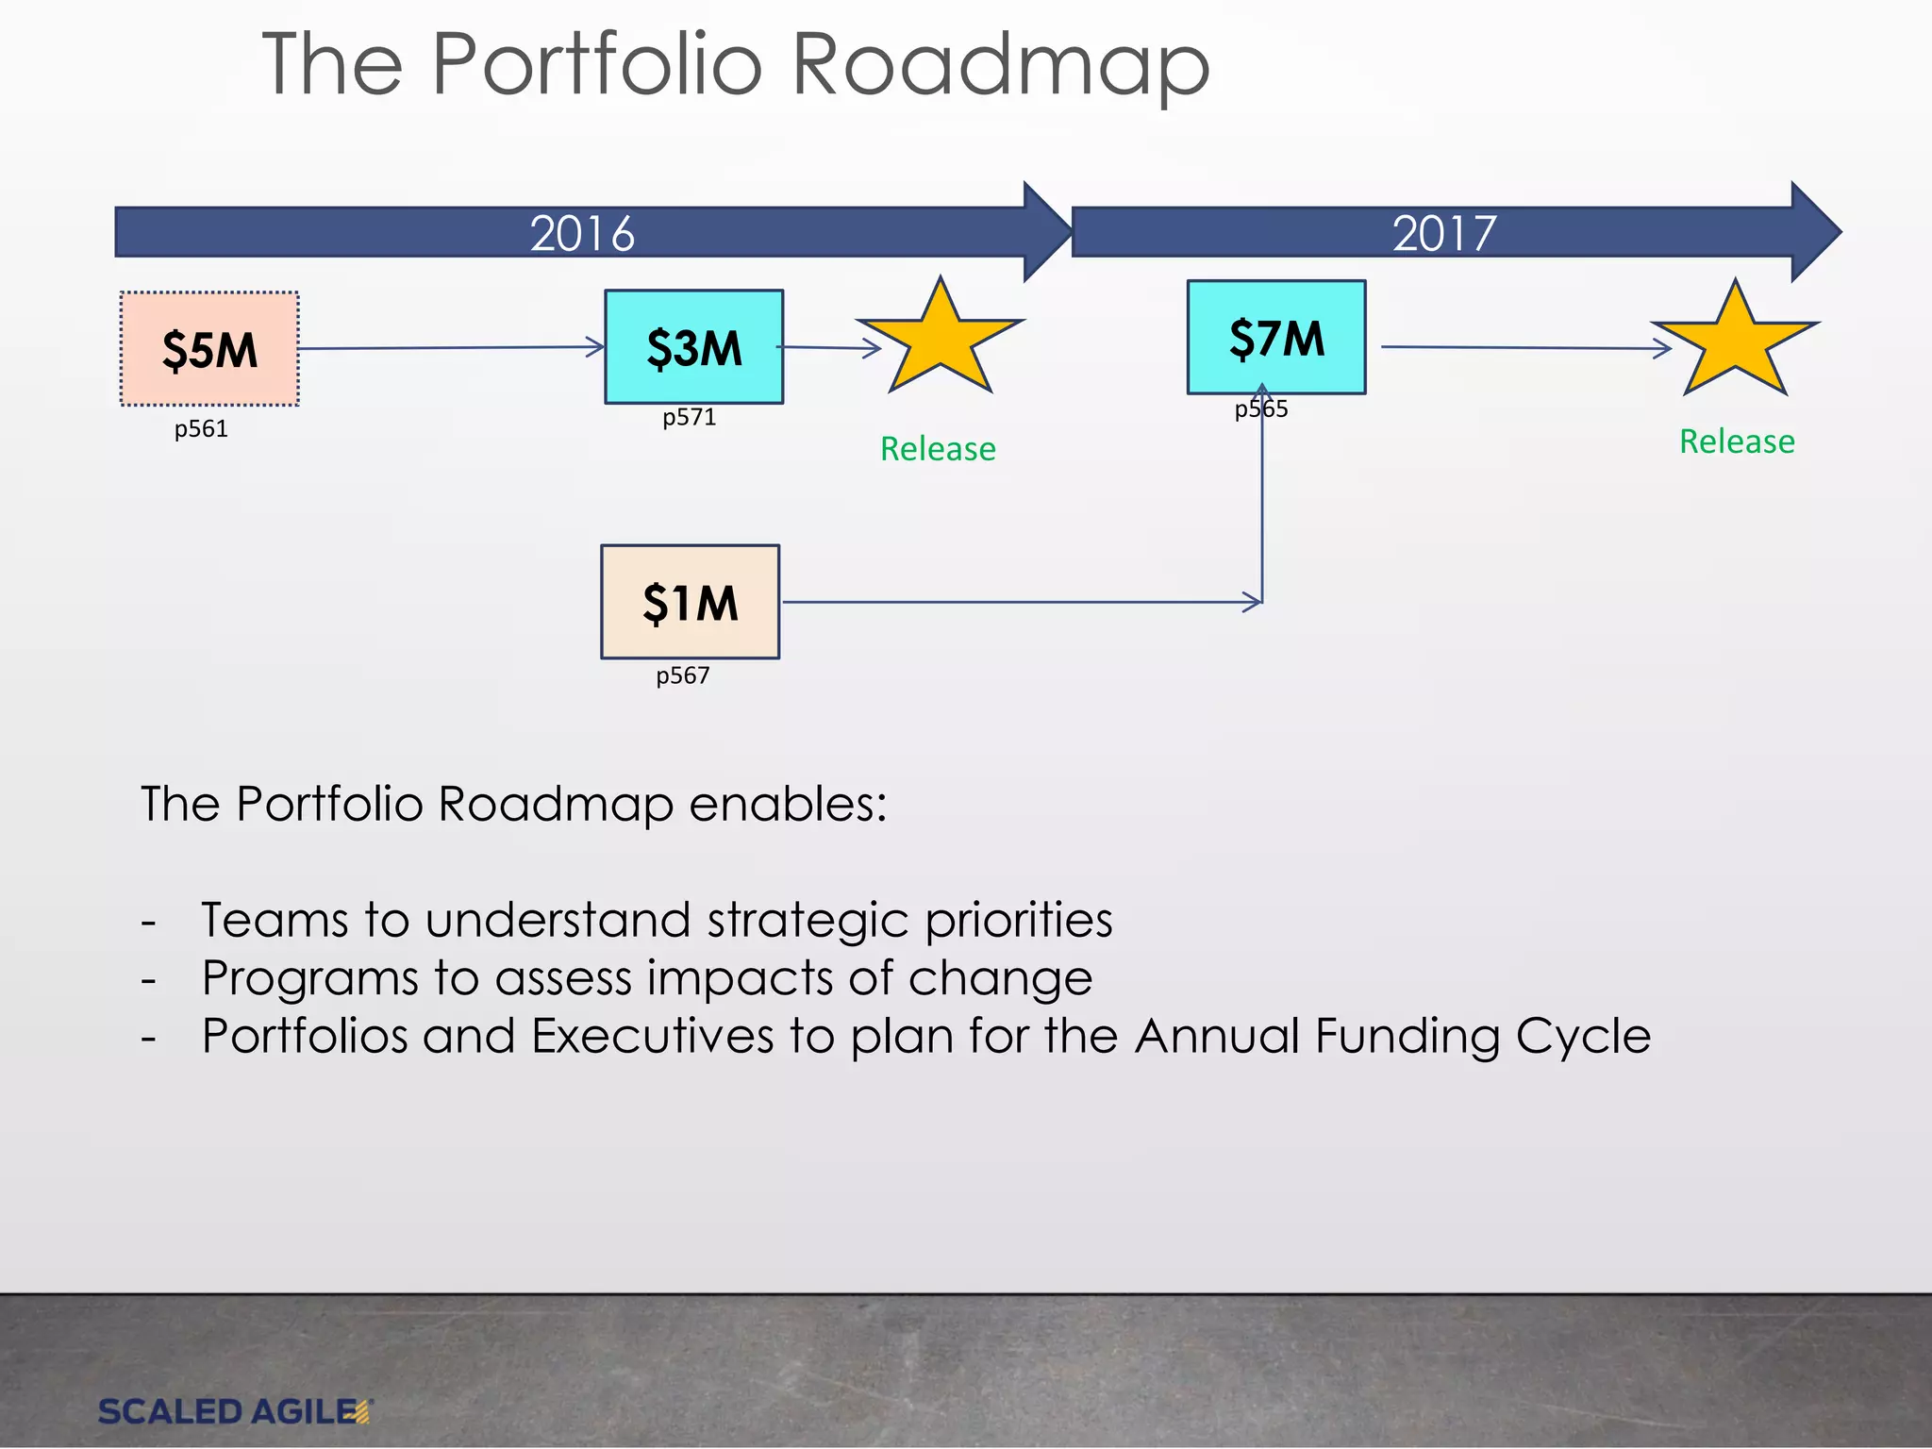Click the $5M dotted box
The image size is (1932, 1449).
pos(209,349)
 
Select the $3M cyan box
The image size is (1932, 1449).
pos(693,347)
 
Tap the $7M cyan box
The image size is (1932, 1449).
pos(1275,337)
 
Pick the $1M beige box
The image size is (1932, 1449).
pos(690,602)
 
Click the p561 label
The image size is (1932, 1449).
pos(201,429)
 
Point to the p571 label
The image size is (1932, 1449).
pos(689,417)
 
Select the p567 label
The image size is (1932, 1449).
pos(682,675)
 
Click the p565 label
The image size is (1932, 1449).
pos(1260,409)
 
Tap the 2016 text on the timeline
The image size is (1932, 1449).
pos(582,233)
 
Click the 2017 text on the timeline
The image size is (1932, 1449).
pos(1443,233)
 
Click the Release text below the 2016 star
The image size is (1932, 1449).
pos(937,449)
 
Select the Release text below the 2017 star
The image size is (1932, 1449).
pos(1736,441)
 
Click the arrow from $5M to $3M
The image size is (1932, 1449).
pos(451,348)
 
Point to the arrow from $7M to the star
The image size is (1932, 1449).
pos(1524,347)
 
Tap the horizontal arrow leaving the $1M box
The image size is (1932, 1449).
pos(1019,602)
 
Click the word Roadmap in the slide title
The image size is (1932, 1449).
pos(999,66)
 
